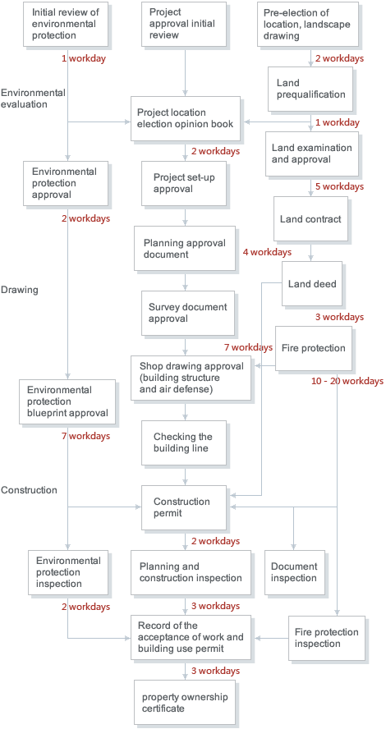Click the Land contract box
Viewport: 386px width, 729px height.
pyautogui.click(x=310, y=219)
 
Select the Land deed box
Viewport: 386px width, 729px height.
pyautogui.click(x=312, y=283)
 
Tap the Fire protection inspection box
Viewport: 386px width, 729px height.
pyautogui.click(x=327, y=638)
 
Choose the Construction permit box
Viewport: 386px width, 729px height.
pyautogui.click(x=184, y=507)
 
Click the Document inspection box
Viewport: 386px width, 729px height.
pyautogui.click(x=294, y=572)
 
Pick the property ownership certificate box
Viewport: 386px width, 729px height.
pyautogui.click(x=185, y=703)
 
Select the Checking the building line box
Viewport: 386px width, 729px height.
pyautogui.click(x=184, y=442)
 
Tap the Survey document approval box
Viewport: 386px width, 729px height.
pyautogui.click(x=188, y=313)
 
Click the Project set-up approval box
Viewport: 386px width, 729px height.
pyautogui.click(x=184, y=183)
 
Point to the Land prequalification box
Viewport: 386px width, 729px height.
pyautogui.click(x=310, y=89)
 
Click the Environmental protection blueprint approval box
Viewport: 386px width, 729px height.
pyautogui.click(x=67, y=401)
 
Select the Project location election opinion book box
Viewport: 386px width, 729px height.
pyautogui.click(x=185, y=118)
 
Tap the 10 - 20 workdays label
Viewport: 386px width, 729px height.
pyautogui.click(x=347, y=381)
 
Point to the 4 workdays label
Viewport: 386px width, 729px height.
pyautogui.click(x=267, y=252)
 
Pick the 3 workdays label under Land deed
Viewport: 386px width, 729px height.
pyautogui.click(x=339, y=317)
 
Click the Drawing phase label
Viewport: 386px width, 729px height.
pyautogui.click(x=20, y=290)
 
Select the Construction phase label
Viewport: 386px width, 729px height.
pyautogui.click(x=29, y=490)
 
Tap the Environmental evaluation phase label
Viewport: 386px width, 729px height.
pyautogui.click(x=33, y=98)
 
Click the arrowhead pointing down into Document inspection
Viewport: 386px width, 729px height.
pyautogui.click(x=293, y=548)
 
